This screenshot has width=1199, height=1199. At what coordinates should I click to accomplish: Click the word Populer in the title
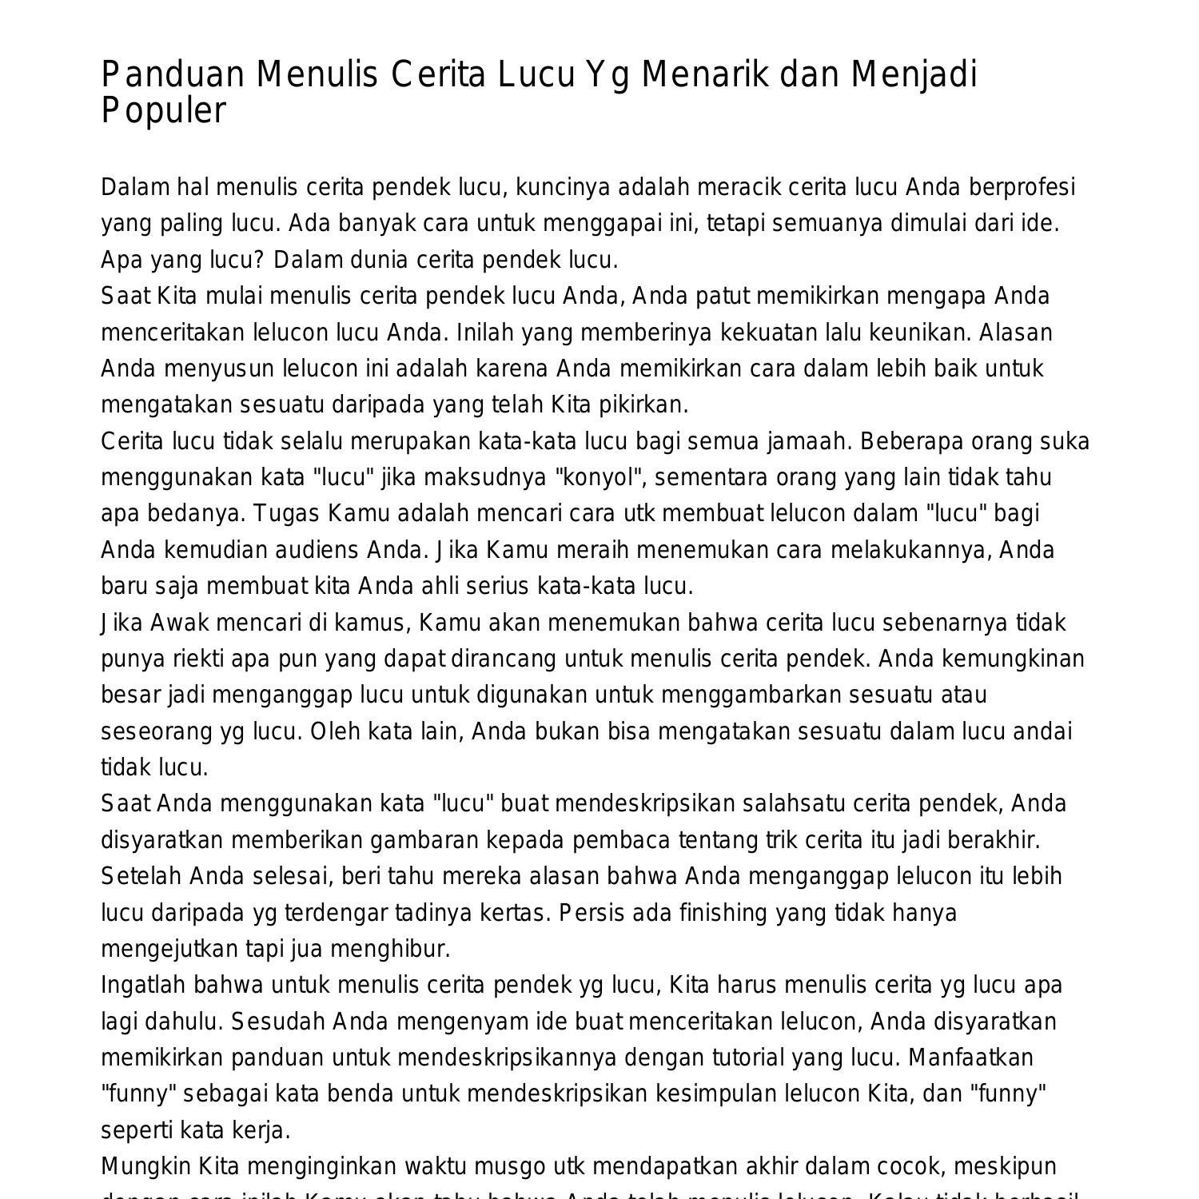click(x=164, y=111)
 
